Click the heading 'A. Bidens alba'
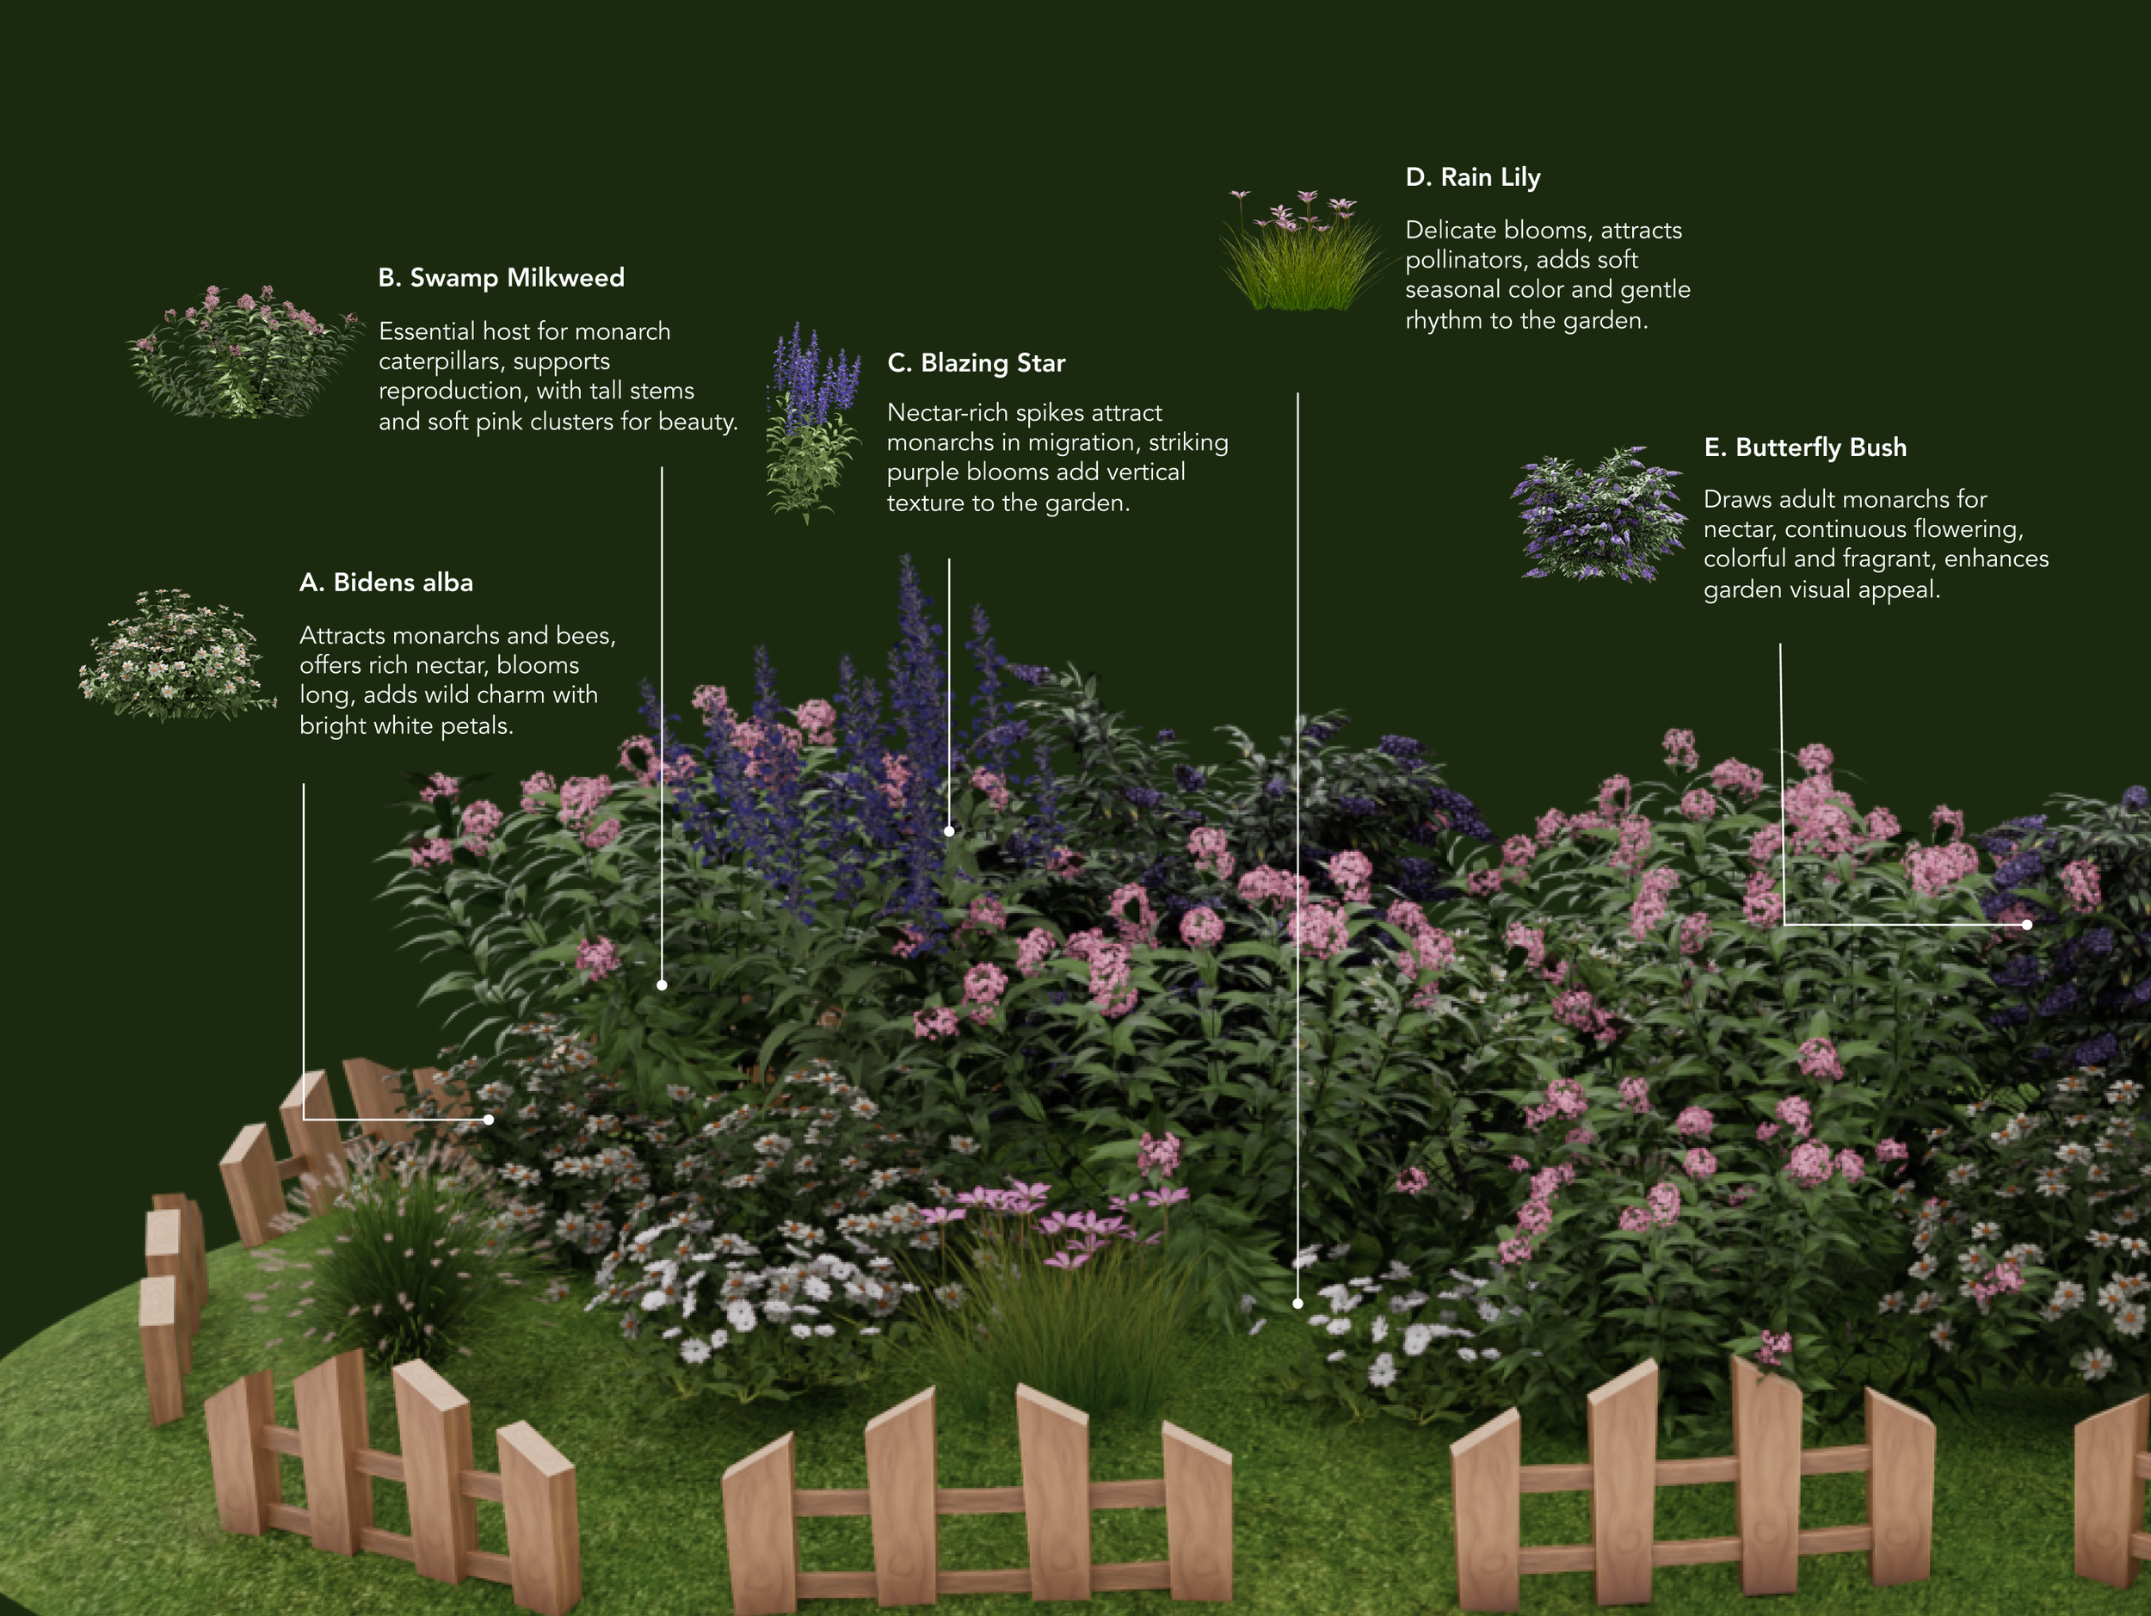tap(386, 583)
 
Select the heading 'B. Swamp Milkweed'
tap(501, 278)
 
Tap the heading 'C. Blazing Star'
tap(977, 364)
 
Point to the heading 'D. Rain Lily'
tap(1472, 178)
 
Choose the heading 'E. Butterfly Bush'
tap(1805, 448)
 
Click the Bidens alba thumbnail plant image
tap(175, 656)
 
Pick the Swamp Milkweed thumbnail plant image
tap(243, 353)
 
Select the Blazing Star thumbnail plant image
tap(813, 424)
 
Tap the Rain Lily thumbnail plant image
tap(1301, 251)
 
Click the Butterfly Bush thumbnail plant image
tap(1599, 515)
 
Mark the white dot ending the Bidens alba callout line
tap(488, 1120)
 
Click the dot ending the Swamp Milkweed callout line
tap(663, 985)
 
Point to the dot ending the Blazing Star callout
tap(949, 831)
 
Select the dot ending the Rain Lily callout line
tap(1297, 1303)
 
